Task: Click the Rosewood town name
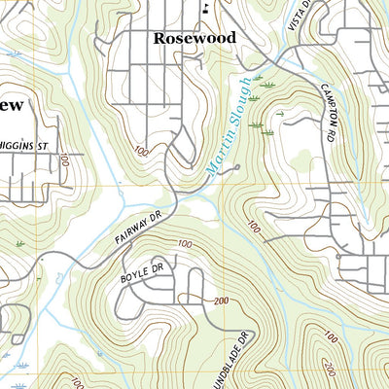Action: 194,37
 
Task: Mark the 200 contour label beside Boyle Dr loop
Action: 222,301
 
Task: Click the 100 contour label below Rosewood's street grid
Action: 143,151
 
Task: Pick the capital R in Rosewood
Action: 159,37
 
